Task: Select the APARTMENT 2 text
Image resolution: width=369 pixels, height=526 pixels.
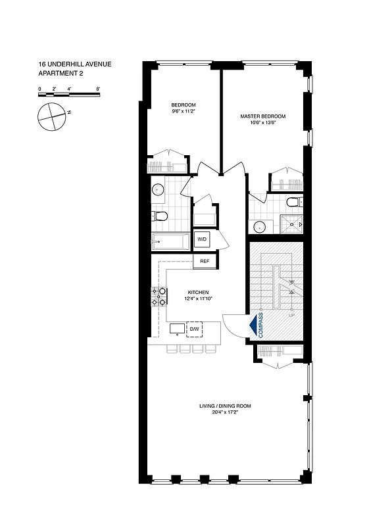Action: tap(59, 74)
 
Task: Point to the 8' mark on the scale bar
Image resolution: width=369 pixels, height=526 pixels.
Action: tap(97, 87)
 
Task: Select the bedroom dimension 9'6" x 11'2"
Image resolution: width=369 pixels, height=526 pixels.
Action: tap(184, 112)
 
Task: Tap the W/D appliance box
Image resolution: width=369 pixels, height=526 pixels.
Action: tap(202, 240)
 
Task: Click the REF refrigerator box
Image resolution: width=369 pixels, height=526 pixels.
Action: tap(205, 262)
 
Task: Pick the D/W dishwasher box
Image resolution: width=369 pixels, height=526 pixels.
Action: tap(195, 329)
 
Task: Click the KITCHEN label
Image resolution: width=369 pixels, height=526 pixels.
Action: tap(199, 292)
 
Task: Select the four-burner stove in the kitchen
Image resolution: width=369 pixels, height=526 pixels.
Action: tap(159, 297)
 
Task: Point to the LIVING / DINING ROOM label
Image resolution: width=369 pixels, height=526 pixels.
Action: tap(225, 406)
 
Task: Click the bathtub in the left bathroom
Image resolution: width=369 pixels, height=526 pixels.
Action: tap(169, 241)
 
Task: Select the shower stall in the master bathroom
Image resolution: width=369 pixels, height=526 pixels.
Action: tap(291, 226)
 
